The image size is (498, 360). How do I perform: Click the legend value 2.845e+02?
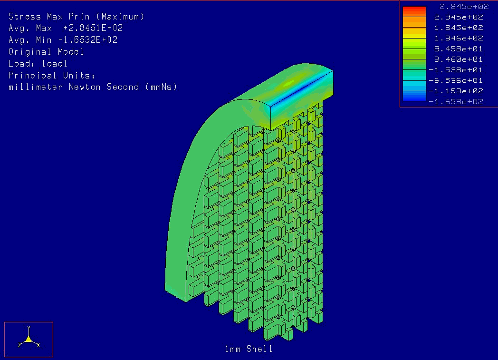tap(464, 6)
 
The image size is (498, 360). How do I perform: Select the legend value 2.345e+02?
tap(459, 17)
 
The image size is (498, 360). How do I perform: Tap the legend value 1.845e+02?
tap(459, 28)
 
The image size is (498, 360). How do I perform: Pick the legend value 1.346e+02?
tap(459, 38)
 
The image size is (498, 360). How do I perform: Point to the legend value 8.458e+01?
tap(459, 49)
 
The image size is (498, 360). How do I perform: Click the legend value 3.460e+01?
tap(459, 59)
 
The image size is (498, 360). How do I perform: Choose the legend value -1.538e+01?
tap(456, 70)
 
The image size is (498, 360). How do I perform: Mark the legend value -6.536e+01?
tap(456, 80)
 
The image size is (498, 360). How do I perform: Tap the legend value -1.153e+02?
tap(456, 91)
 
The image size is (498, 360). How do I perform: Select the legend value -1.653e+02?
tap(456, 102)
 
